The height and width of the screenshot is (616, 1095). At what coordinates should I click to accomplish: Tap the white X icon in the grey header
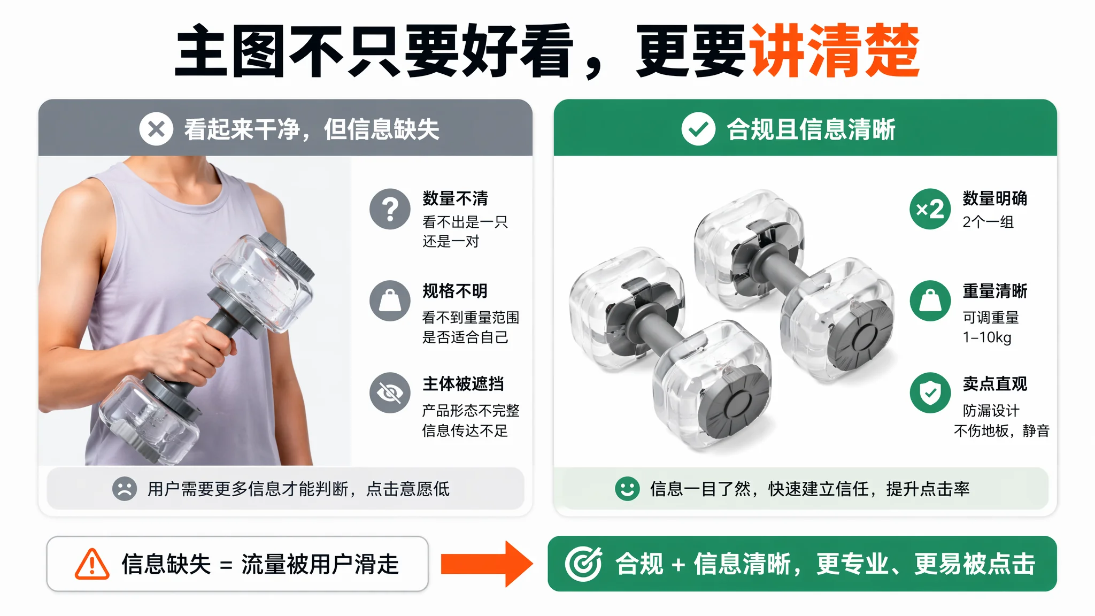pyautogui.click(x=156, y=129)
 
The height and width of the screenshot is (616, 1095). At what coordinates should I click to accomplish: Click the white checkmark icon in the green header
pyautogui.click(x=698, y=129)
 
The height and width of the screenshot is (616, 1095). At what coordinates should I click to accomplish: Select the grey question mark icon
pyautogui.click(x=390, y=209)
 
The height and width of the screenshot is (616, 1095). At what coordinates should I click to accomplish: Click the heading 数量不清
pyautogui.click(x=455, y=198)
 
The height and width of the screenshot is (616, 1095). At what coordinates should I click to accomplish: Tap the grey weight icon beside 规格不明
pyautogui.click(x=390, y=301)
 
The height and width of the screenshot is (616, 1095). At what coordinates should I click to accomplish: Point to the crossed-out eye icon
pyautogui.click(x=390, y=393)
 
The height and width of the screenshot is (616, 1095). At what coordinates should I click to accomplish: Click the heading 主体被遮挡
pyautogui.click(x=463, y=383)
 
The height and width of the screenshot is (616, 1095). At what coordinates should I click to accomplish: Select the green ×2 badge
pyautogui.click(x=930, y=209)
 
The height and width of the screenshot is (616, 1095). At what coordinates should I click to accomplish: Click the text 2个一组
pyautogui.click(x=988, y=222)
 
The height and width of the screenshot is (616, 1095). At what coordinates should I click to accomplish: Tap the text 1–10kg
pyautogui.click(x=987, y=337)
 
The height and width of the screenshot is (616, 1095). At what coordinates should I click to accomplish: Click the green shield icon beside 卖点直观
pyautogui.click(x=930, y=393)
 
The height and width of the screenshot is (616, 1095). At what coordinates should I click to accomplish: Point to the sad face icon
pyautogui.click(x=125, y=489)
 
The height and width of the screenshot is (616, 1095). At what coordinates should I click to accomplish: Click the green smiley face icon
pyautogui.click(x=627, y=489)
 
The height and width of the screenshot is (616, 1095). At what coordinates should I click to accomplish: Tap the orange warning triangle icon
pyautogui.click(x=92, y=564)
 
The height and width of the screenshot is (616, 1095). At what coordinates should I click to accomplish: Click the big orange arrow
pyautogui.click(x=487, y=564)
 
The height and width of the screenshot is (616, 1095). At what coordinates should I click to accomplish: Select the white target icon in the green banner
pyautogui.click(x=583, y=564)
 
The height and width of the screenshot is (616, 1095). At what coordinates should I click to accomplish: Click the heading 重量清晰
pyautogui.click(x=995, y=291)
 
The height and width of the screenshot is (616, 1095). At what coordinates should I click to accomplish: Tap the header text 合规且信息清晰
pyautogui.click(x=811, y=129)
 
